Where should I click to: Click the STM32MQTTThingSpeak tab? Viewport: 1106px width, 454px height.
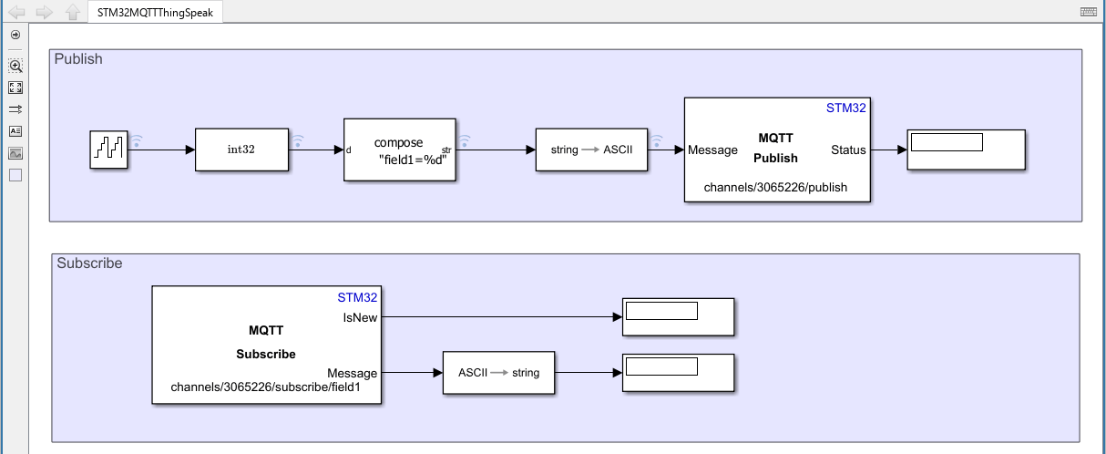pyautogui.click(x=155, y=13)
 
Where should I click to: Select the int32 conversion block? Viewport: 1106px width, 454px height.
pyautogui.click(x=241, y=150)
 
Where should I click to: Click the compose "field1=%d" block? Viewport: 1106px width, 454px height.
pyautogui.click(x=399, y=150)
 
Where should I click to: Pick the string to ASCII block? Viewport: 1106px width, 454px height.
pyautogui.click(x=591, y=150)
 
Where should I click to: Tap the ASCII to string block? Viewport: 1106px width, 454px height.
pyautogui.click(x=498, y=373)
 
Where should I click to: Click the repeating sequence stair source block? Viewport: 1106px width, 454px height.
pyautogui.click(x=108, y=150)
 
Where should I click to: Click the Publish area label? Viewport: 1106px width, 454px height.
pyautogui.click(x=78, y=58)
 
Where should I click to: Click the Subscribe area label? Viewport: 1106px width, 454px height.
pyautogui.click(x=89, y=263)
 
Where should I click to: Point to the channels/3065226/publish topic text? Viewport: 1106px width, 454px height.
pyautogui.click(x=775, y=187)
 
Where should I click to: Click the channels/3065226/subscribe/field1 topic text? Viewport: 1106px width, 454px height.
pyautogui.click(x=266, y=387)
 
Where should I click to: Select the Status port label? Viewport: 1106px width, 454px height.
pyautogui.click(x=848, y=150)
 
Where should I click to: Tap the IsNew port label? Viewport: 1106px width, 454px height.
pyautogui.click(x=360, y=317)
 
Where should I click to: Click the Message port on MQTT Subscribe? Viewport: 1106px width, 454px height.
pyautogui.click(x=352, y=373)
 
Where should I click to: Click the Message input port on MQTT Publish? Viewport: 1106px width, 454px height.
pyautogui.click(x=712, y=150)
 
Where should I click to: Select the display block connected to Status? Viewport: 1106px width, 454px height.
pyautogui.click(x=967, y=150)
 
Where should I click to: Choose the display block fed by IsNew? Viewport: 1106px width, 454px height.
pyautogui.click(x=679, y=317)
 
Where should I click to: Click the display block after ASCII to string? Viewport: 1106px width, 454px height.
pyautogui.click(x=679, y=373)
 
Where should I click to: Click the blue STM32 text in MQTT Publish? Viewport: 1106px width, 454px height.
pyautogui.click(x=845, y=108)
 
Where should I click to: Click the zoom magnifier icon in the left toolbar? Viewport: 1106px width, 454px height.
pyautogui.click(x=15, y=66)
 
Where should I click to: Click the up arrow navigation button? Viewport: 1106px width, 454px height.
pyautogui.click(x=73, y=12)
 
